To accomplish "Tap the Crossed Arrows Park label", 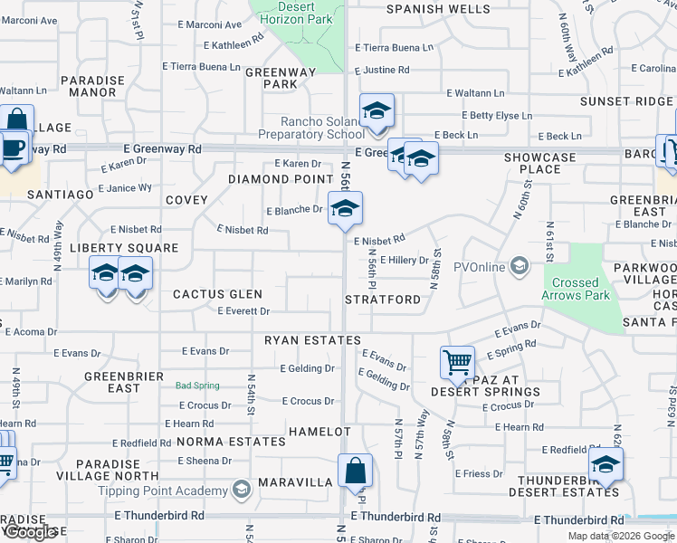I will (576, 289).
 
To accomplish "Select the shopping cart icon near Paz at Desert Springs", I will (458, 363).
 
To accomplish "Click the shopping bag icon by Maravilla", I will (355, 471).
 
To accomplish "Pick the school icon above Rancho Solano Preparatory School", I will (377, 111).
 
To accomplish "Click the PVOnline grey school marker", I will (520, 266).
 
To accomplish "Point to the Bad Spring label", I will (197, 386).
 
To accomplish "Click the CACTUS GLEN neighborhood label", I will (217, 294).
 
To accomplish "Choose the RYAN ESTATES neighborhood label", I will (312, 340).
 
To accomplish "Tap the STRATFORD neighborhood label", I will (383, 300).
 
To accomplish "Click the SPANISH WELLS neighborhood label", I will (439, 9).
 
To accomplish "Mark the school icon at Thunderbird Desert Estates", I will (605, 467).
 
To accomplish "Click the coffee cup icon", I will (12, 147).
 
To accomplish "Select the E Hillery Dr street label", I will (404, 261).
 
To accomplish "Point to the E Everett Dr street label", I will (243, 311).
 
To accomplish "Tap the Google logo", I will (30, 532).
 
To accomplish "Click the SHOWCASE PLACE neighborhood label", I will (539, 163).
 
